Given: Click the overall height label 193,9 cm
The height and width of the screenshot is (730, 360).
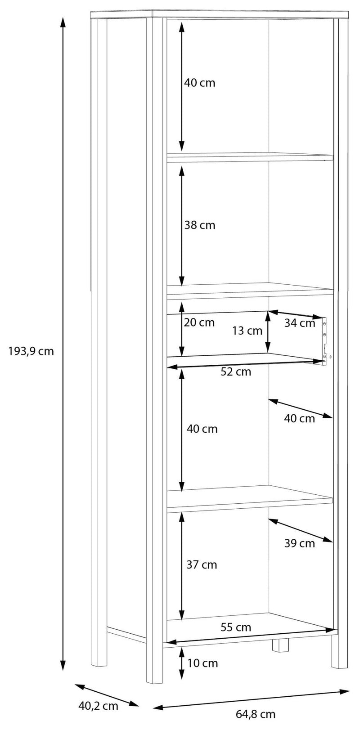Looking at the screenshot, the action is click(x=31, y=351).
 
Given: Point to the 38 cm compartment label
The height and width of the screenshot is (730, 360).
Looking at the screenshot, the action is click(x=200, y=225).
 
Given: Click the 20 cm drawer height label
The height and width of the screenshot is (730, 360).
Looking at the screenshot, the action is click(x=199, y=322).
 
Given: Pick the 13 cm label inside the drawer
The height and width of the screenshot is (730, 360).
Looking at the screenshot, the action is click(x=247, y=331).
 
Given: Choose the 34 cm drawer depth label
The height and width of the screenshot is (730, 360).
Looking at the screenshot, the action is click(x=300, y=323).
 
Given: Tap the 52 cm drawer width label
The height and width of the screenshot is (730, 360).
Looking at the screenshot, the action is click(x=236, y=372).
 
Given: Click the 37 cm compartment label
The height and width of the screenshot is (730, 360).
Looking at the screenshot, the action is click(x=202, y=564).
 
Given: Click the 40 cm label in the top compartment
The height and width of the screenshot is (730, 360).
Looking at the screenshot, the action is click(x=200, y=83).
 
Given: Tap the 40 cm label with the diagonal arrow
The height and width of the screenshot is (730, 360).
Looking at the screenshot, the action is click(x=299, y=418).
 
